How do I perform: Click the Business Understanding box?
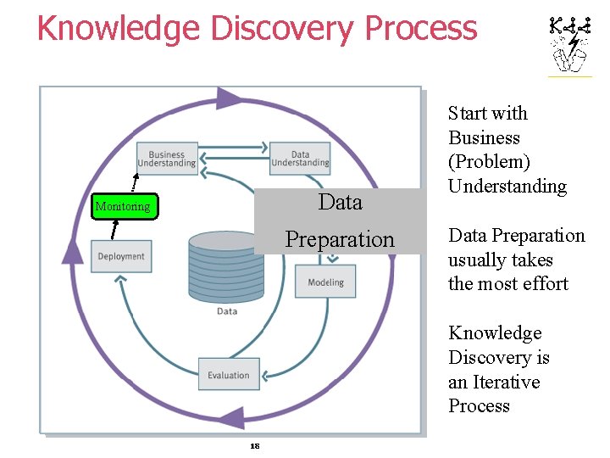pyautogui.click(x=167, y=159)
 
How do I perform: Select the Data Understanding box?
pyautogui.click(x=300, y=158)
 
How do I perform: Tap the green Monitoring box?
pyautogui.click(x=124, y=206)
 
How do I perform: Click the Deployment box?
pyautogui.click(x=121, y=256)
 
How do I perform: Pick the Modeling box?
pyautogui.click(x=325, y=282)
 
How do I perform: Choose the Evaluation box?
pyautogui.click(x=229, y=375)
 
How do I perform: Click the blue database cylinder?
pyautogui.click(x=227, y=267)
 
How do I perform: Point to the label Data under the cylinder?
pyautogui.click(x=227, y=311)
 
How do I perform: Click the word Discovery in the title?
pyautogui.click(x=283, y=28)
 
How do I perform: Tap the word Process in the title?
pyautogui.click(x=420, y=28)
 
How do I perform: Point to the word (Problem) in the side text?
pyautogui.click(x=489, y=162)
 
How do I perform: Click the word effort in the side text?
pyautogui.click(x=541, y=284)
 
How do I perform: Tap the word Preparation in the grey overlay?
pyautogui.click(x=340, y=240)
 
